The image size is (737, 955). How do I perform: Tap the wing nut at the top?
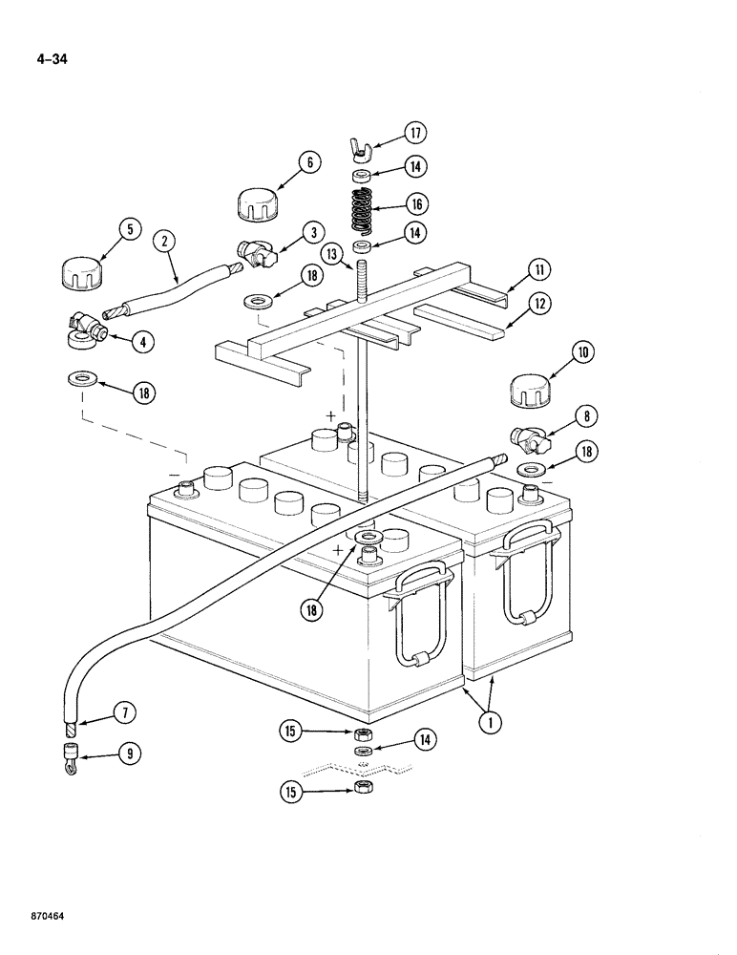pyautogui.click(x=362, y=147)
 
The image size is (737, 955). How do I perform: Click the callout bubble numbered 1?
pyautogui.click(x=489, y=723)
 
